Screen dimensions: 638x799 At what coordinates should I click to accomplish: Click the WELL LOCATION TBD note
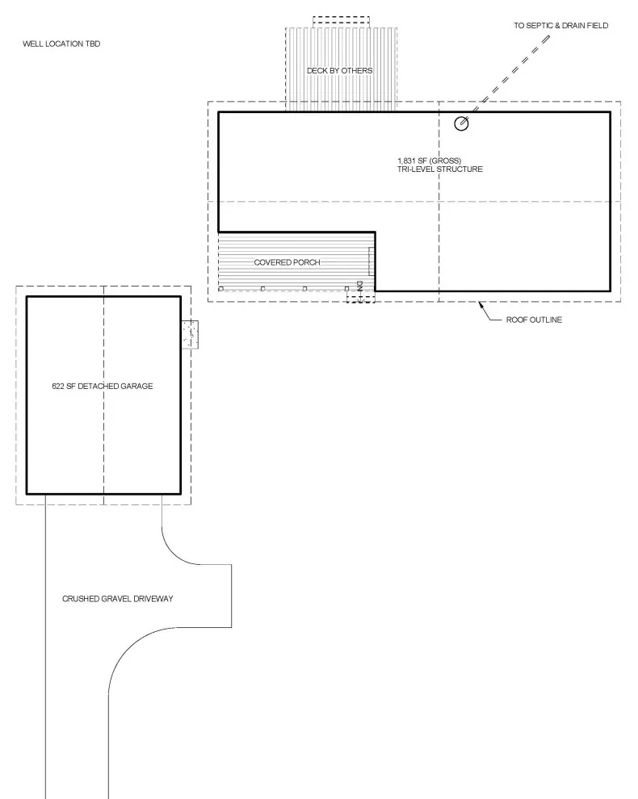coord(61,44)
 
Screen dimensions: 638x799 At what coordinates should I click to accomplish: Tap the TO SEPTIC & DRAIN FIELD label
coord(561,26)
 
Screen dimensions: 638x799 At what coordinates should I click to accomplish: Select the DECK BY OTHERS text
coord(340,70)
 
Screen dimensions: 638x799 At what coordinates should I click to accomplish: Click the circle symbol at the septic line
coord(461,123)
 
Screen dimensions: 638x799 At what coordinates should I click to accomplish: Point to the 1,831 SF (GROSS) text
coord(429,161)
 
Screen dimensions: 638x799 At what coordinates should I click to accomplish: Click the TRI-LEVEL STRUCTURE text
coord(439,169)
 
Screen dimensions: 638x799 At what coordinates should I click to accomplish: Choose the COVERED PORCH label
coord(288,262)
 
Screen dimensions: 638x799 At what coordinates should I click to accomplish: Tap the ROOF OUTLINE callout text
coord(534,320)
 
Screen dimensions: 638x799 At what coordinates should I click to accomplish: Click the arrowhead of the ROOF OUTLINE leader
coord(480,305)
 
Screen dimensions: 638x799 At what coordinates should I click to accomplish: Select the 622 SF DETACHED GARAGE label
coord(103,387)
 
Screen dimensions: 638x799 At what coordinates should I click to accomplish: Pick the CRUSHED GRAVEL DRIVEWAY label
coord(118,599)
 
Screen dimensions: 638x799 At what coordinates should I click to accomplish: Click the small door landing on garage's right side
coord(190,334)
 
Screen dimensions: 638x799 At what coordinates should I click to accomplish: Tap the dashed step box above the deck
coord(341,22)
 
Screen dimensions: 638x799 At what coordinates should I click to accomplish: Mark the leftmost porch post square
coord(220,289)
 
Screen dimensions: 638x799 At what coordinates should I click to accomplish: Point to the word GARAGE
coord(136,387)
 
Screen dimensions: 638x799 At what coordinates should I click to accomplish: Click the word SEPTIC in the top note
coord(539,26)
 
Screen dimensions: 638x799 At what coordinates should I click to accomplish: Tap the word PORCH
coord(307,262)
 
